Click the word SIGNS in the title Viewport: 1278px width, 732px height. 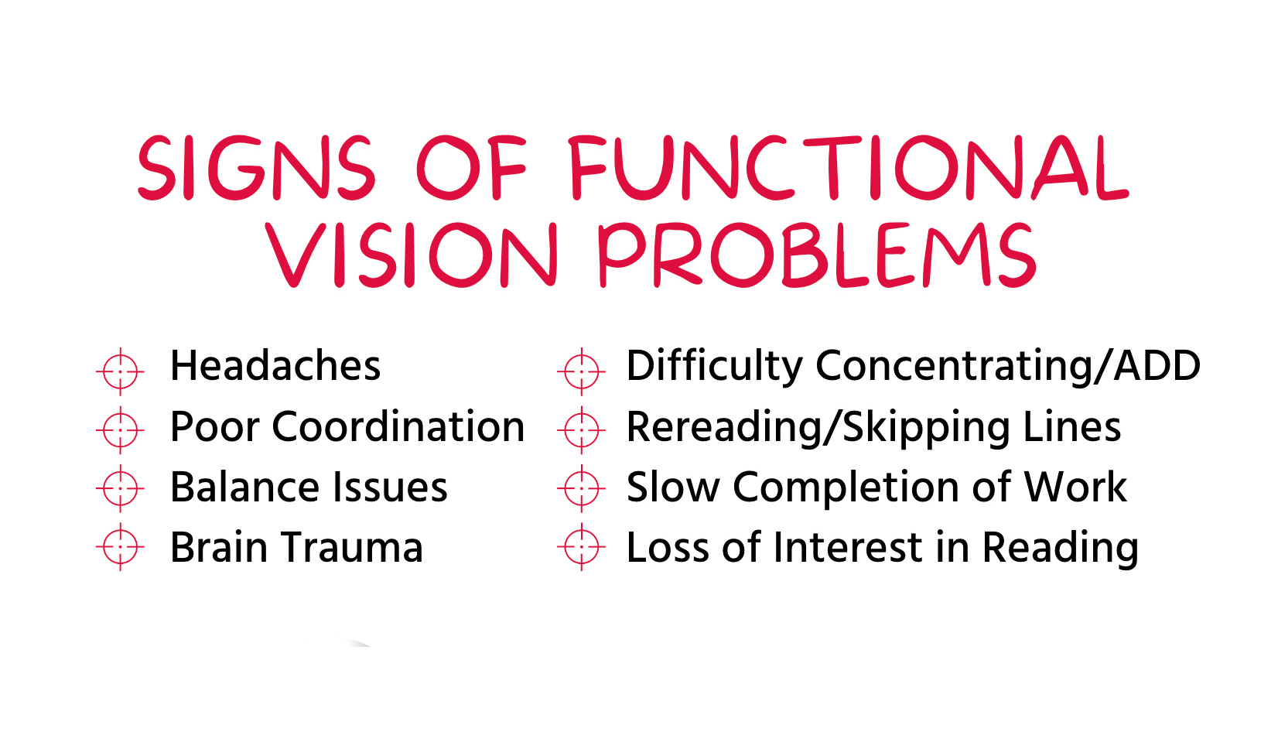tap(256, 168)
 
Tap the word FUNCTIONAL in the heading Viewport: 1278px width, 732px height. tap(849, 168)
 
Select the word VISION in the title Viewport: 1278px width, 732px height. tap(411, 255)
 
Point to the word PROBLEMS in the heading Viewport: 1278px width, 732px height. tap(818, 255)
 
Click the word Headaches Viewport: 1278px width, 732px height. tap(275, 365)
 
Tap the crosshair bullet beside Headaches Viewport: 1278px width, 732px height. tap(120, 371)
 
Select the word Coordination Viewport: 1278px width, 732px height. tap(398, 426)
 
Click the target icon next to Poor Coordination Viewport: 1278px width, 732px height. tap(120, 430)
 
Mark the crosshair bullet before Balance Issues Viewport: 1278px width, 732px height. tap(120, 488)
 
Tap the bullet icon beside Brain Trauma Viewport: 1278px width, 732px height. tap(120, 547)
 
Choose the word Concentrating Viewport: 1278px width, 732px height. tap(954, 368)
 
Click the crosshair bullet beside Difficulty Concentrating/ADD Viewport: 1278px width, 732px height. tap(582, 371)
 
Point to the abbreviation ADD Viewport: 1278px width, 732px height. tap(1157, 365)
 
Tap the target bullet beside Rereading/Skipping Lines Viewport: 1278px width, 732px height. tap(582, 430)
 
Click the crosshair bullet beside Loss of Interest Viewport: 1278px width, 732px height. tap(582, 547)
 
